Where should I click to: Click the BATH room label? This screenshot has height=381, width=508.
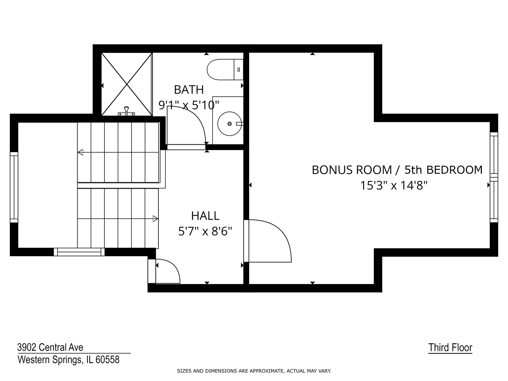click(189, 90)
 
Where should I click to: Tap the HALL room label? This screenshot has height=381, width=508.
click(205, 216)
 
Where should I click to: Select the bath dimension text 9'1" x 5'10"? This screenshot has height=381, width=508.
click(189, 105)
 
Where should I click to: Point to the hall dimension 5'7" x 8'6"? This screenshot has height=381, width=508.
click(205, 231)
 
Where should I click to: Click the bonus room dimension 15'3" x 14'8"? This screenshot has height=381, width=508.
click(394, 185)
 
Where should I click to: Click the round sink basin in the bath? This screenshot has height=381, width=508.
click(230, 124)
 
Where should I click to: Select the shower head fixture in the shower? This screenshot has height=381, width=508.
click(126, 111)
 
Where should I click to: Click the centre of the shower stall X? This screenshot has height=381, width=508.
click(127, 84)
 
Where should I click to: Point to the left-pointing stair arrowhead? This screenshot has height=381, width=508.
click(80, 152)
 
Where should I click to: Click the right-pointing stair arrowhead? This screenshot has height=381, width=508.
click(155, 219)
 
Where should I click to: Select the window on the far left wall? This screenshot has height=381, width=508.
click(14, 187)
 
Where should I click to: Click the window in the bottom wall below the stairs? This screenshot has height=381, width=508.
click(79, 252)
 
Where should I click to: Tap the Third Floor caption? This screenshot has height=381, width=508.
click(450, 347)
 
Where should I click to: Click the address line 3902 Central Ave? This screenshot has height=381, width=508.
click(50, 347)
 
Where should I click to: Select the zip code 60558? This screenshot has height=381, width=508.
click(108, 360)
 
